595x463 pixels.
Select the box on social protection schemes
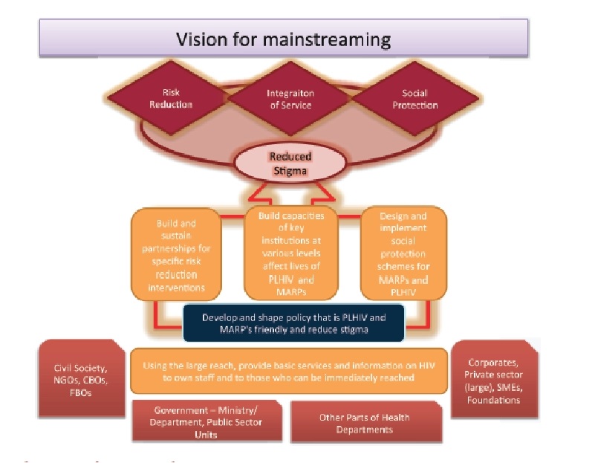click(x=404, y=252)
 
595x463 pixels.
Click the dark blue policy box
click(x=293, y=322)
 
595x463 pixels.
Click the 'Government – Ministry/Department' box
click(x=207, y=422)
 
